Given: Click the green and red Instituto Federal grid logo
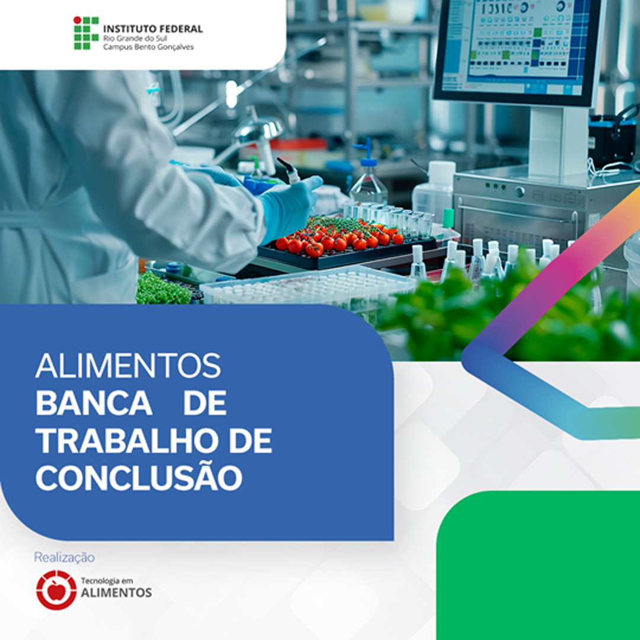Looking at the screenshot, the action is click(x=86, y=33).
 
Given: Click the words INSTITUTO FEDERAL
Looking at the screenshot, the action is click(x=153, y=29).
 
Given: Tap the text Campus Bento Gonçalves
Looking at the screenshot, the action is click(x=148, y=47).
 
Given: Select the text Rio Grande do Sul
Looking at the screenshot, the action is click(x=135, y=39).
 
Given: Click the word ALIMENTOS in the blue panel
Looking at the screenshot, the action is click(x=128, y=366).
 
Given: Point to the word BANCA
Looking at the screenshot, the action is click(x=94, y=404).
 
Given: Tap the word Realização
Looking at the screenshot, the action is click(x=64, y=558).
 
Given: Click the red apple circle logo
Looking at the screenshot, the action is click(x=56, y=590).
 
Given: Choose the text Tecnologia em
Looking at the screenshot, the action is click(x=107, y=580).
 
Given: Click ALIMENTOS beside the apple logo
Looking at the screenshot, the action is click(x=116, y=593).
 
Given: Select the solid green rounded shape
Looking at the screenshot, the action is click(x=538, y=565).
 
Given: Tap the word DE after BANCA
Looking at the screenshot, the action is click(x=205, y=404).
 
